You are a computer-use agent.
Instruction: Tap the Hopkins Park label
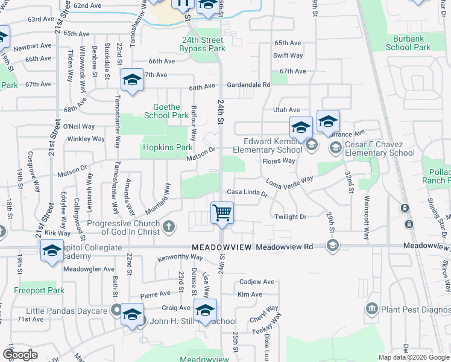[168, 147]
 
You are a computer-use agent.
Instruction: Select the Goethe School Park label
[167, 110]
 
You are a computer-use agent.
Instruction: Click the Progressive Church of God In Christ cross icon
[169, 227]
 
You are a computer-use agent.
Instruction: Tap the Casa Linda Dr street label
[247, 192]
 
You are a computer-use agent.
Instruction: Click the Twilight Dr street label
[291, 217]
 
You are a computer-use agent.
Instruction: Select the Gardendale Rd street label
[248, 85]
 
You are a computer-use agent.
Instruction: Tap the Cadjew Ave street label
[256, 282]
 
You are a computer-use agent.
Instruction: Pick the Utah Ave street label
[286, 110]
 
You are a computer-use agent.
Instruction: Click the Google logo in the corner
[20, 354]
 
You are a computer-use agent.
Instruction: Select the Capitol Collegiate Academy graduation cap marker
[52, 250]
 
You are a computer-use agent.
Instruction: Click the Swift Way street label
[288, 56]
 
